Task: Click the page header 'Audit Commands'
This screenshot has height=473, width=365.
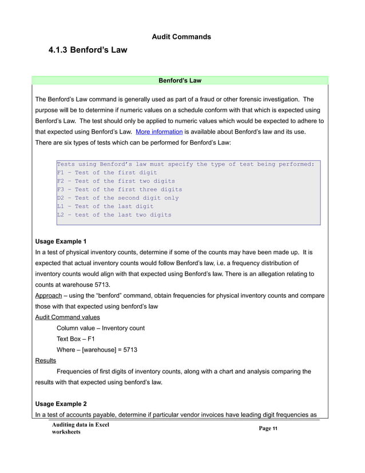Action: pos(181,37)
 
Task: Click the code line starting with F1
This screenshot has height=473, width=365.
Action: pos(106,172)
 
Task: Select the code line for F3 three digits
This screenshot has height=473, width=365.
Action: pos(120,190)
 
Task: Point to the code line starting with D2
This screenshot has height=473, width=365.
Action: pos(118,198)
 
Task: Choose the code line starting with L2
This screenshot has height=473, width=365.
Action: pos(114,215)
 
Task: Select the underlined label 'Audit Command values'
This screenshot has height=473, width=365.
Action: pos(68,317)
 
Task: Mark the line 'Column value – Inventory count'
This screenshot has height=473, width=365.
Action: pos(101,328)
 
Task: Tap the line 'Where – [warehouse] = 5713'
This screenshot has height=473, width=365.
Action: pos(97,349)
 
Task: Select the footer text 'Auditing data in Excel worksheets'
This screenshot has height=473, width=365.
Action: pos(80,428)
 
